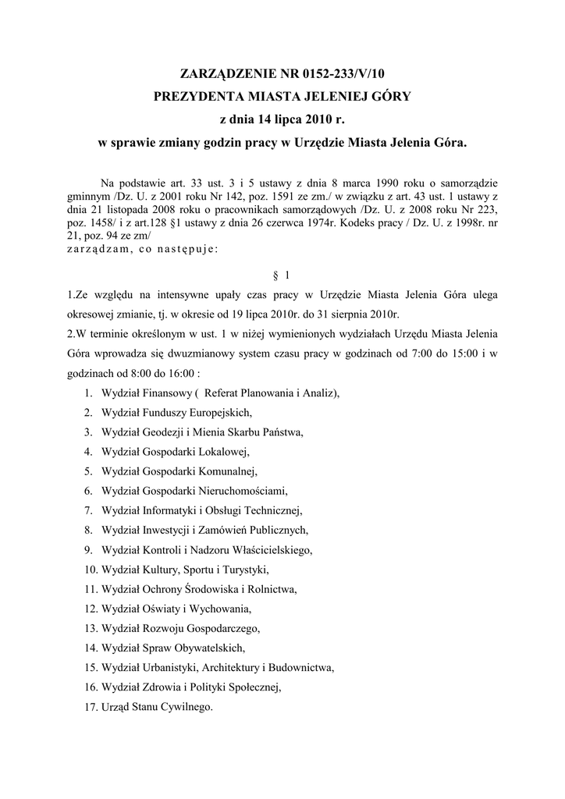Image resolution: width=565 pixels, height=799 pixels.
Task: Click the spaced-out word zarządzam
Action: point(98,249)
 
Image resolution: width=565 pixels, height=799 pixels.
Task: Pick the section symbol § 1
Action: point(282,275)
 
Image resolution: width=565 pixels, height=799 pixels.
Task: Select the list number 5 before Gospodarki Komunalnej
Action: point(90,471)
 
